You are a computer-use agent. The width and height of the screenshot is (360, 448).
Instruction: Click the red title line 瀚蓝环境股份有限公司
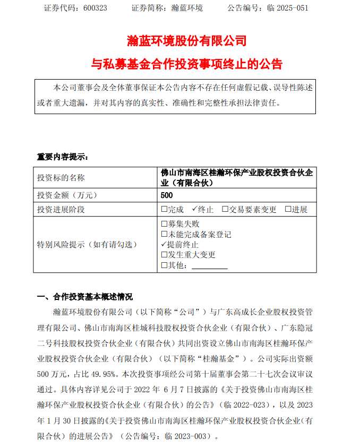pos(187,40)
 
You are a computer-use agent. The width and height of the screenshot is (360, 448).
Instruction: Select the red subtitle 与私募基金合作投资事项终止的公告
pos(187,64)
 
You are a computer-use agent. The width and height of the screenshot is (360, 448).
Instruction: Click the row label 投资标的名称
pos(61,178)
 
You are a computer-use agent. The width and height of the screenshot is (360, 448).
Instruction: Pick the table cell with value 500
pos(167,196)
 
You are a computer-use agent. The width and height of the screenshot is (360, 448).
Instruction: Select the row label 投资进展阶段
pos(61,209)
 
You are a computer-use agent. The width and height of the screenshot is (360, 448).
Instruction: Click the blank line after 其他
pos(209,265)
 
